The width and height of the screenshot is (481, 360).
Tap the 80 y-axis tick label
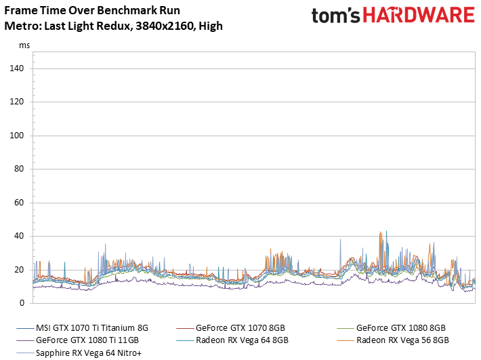(x=19, y=169)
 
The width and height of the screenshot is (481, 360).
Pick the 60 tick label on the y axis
(x=19, y=203)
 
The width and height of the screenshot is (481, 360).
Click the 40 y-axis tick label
(x=19, y=237)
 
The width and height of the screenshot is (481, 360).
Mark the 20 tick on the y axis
(x=19, y=270)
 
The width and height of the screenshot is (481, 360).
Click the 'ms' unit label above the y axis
(x=24, y=45)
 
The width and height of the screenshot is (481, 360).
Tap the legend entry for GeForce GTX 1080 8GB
(x=400, y=327)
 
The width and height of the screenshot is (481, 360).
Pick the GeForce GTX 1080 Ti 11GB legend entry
(x=81, y=340)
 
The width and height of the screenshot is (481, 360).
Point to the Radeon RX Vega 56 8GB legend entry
(x=402, y=340)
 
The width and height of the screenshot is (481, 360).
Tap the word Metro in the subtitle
(x=19, y=26)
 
